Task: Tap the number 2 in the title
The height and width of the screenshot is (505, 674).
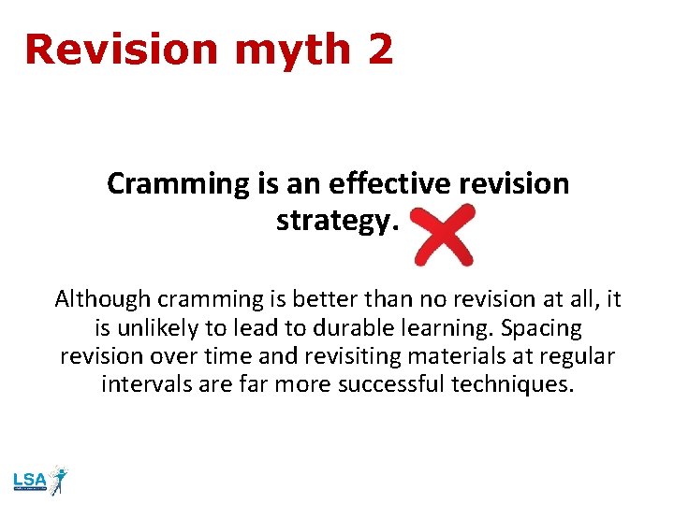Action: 380,50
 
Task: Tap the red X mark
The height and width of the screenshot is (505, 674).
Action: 444,236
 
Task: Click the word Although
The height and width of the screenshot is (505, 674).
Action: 103,299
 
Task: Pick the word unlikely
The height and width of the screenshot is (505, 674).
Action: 163,328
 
